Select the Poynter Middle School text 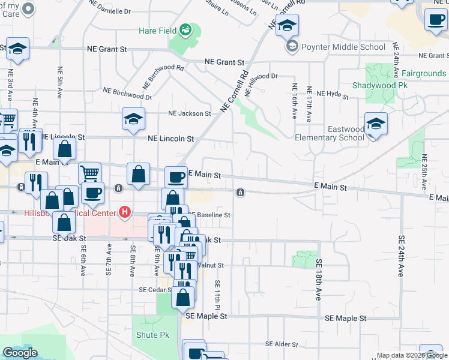coord(344,47)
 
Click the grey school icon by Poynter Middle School coord(292,47)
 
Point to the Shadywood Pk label coord(375,85)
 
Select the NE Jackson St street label coord(189,113)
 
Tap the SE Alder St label coord(282,344)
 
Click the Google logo coord(20,353)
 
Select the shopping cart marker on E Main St coord(89,173)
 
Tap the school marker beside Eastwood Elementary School coord(376,124)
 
